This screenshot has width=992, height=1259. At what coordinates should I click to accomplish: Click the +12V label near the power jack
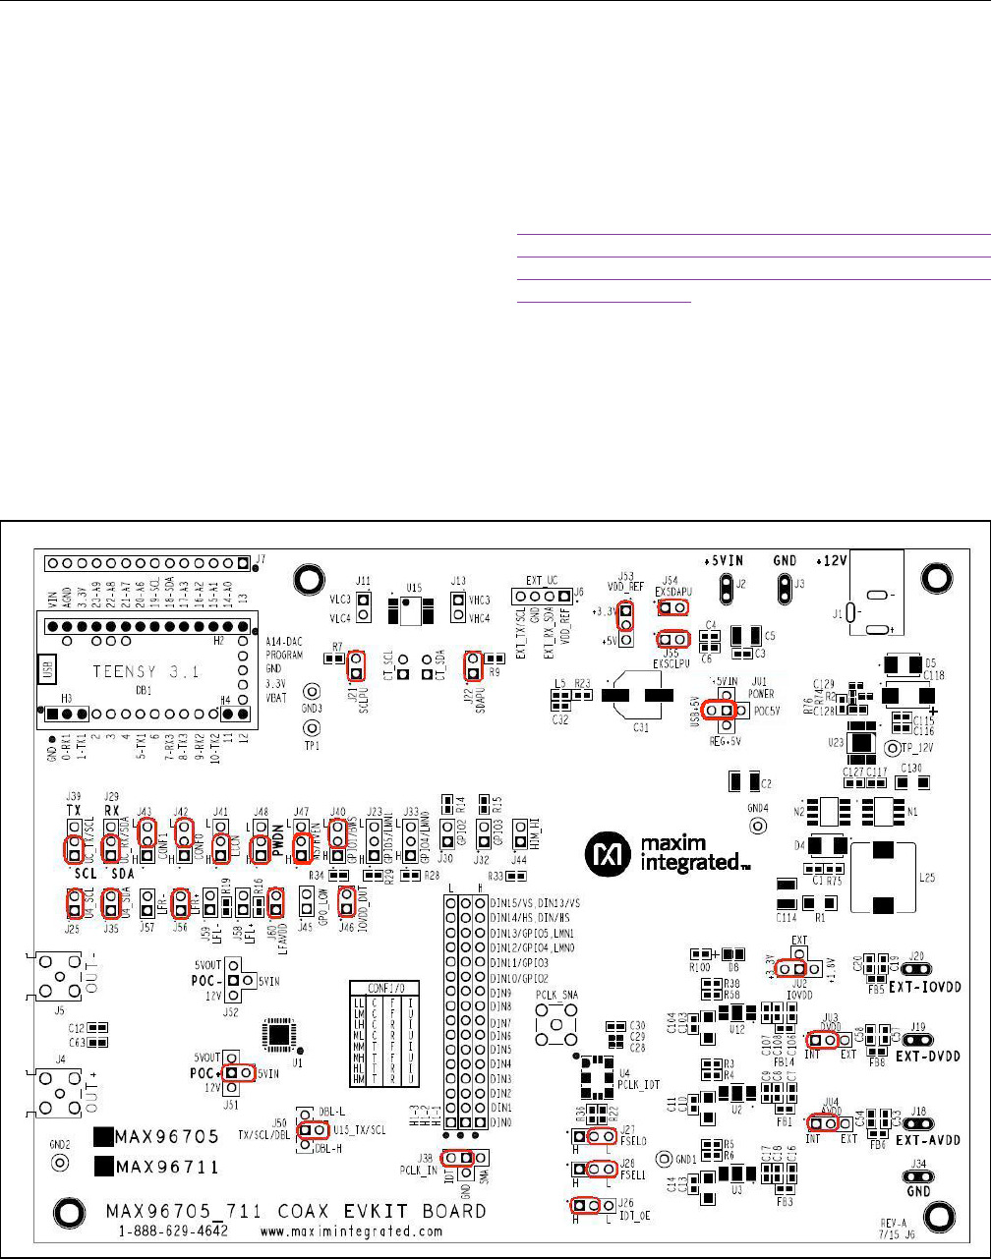click(x=834, y=560)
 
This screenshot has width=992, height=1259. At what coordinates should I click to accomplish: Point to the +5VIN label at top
click(x=726, y=559)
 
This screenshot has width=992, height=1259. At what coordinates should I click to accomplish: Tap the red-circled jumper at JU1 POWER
click(x=720, y=710)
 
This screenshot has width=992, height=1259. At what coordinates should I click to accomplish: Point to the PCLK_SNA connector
click(x=557, y=1028)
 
